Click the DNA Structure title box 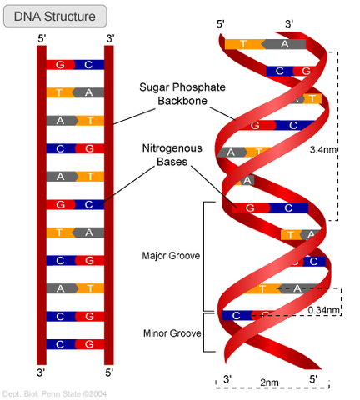(54, 15)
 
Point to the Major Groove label (171, 256)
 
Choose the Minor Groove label (171, 333)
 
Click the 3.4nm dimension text (323, 151)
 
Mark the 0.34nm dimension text (324, 310)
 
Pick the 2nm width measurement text (268, 382)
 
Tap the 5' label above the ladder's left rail (42, 37)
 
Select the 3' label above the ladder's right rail (109, 37)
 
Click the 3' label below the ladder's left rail (42, 372)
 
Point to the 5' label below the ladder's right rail (109, 372)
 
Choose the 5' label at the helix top (221, 24)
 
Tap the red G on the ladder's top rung (60, 64)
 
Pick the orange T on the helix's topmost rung (242, 44)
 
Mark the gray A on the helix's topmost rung (285, 44)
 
